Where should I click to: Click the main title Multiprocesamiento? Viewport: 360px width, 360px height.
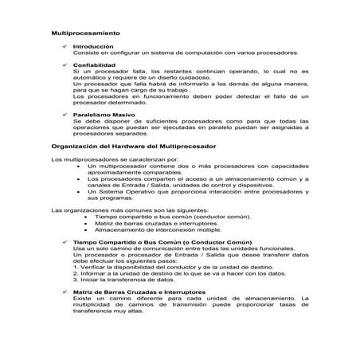pyautogui.click(x=85, y=34)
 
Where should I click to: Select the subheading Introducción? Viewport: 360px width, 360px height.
pyautogui.click(x=92, y=47)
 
